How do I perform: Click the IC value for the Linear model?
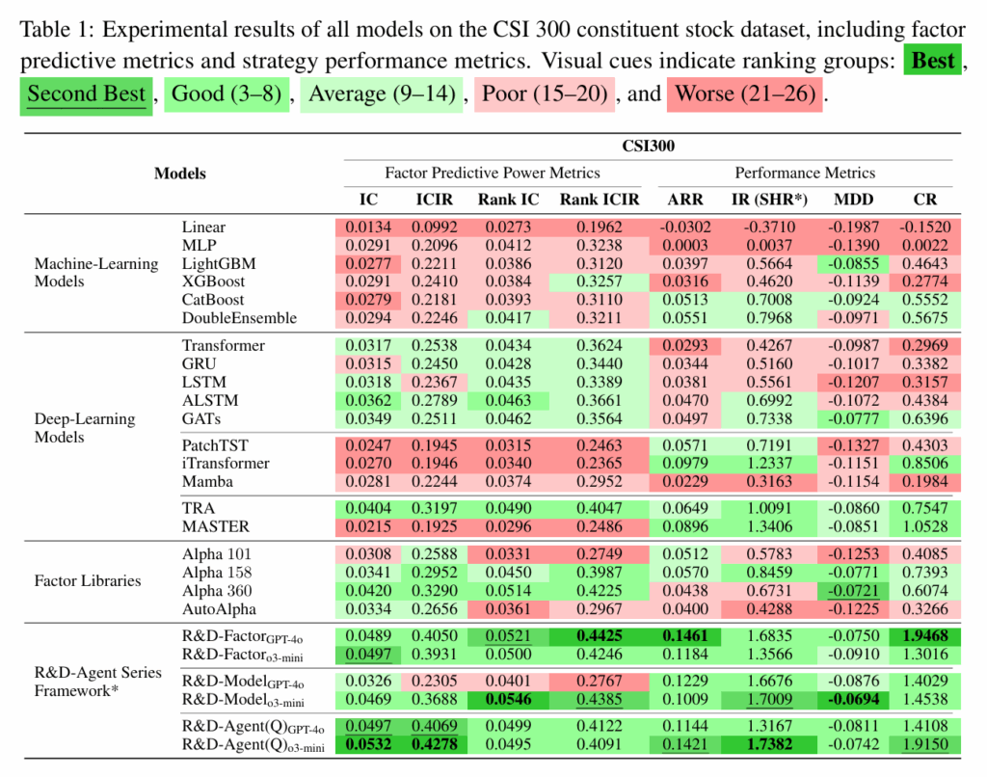pos(363,228)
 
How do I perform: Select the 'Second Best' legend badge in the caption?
pos(86,94)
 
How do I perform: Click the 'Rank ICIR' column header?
pos(600,200)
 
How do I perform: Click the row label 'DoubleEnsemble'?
pos(239,318)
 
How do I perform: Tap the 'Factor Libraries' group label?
pos(88,581)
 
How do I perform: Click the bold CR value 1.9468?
pos(923,637)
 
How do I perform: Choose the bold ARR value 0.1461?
pos(684,637)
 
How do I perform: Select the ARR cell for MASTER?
pos(684,526)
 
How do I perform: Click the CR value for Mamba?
pos(923,481)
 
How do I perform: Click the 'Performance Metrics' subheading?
pos(805,174)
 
